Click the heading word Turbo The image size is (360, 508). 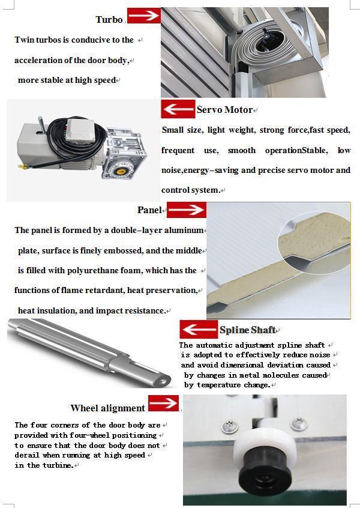coord(109,20)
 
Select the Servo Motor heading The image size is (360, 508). coord(224,110)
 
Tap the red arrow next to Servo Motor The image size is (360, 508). coord(178,109)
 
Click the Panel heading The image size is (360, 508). coord(149,210)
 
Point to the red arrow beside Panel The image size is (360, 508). coord(186,210)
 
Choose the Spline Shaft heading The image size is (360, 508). coord(247,330)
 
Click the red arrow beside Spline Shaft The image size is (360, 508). coord(199,330)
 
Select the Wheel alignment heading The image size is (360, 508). coord(107,408)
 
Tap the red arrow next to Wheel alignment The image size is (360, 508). coord(163,403)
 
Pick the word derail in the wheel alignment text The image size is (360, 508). coord(26,456)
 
